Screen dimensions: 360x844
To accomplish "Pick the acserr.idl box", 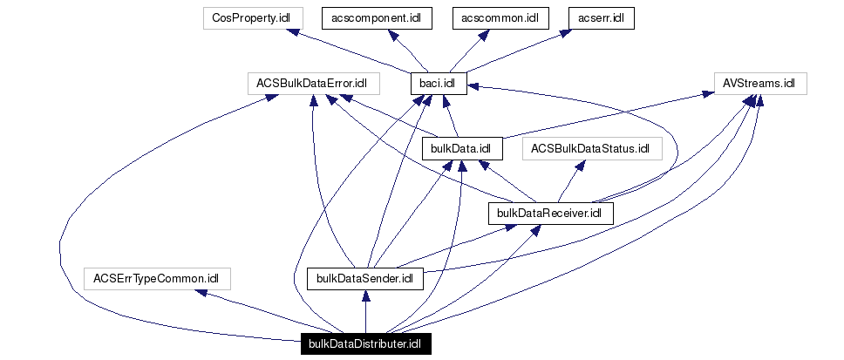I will point(602,17).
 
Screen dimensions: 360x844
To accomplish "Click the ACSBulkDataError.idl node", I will point(312,84).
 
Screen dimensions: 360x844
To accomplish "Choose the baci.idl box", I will point(439,84).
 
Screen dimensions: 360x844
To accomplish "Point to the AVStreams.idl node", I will point(759,84).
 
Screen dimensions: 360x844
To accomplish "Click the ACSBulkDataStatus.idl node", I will point(591,149).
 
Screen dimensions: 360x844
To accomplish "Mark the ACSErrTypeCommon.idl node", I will point(157,279).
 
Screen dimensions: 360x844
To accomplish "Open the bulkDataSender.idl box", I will point(365,279).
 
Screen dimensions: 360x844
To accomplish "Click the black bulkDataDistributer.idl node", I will point(365,344).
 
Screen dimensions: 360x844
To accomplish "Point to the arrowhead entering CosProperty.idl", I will point(297,33).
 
